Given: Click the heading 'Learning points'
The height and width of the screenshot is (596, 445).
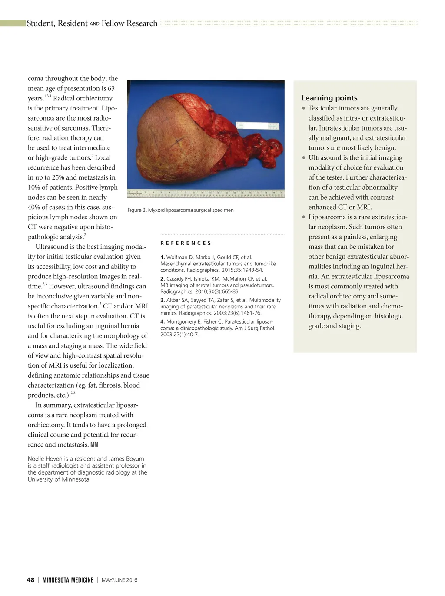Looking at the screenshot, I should (329, 98).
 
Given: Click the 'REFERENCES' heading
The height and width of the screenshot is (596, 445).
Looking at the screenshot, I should (186, 243).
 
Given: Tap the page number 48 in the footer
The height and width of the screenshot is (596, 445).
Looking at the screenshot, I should (30, 579).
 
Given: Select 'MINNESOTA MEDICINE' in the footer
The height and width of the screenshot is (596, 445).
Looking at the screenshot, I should (68, 579).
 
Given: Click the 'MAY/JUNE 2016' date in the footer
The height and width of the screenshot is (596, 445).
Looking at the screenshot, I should (119, 579).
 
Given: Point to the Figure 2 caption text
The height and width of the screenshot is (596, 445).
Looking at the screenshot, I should (180, 210).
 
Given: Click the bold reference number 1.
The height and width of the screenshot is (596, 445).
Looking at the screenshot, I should (162, 257).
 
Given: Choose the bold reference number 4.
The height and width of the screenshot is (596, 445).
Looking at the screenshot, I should (162, 322).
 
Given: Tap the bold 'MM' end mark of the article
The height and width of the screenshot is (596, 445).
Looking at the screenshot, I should (94, 445).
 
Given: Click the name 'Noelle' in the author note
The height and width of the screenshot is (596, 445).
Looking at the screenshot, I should (37, 459).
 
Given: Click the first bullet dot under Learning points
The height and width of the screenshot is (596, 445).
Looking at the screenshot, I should (304, 108).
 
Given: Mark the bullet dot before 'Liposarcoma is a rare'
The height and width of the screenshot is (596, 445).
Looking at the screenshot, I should (304, 217).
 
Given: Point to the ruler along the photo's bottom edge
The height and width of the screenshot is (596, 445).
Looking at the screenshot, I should (206, 194).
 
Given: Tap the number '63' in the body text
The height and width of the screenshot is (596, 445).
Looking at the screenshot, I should (111, 88).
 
